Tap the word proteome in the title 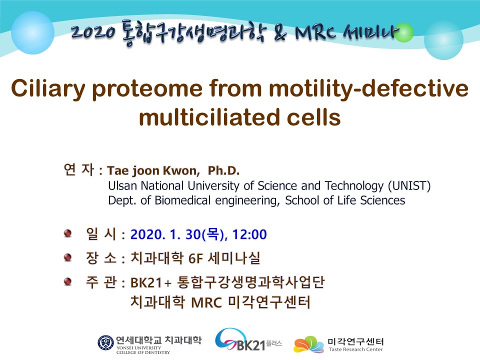click(147, 89)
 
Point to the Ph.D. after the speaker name click(223, 170)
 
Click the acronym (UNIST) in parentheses click(409, 186)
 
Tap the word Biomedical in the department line click(182, 200)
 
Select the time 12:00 click(249, 234)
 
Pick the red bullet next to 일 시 click(67, 233)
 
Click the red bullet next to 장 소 click(67, 257)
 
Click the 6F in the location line click(195, 258)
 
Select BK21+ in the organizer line click(150, 282)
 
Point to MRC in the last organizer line click(206, 303)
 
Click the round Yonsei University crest click(105, 342)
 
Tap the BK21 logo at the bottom click(248, 340)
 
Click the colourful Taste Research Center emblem click(308, 344)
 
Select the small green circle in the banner click(404, 32)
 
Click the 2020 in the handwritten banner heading click(93, 32)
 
